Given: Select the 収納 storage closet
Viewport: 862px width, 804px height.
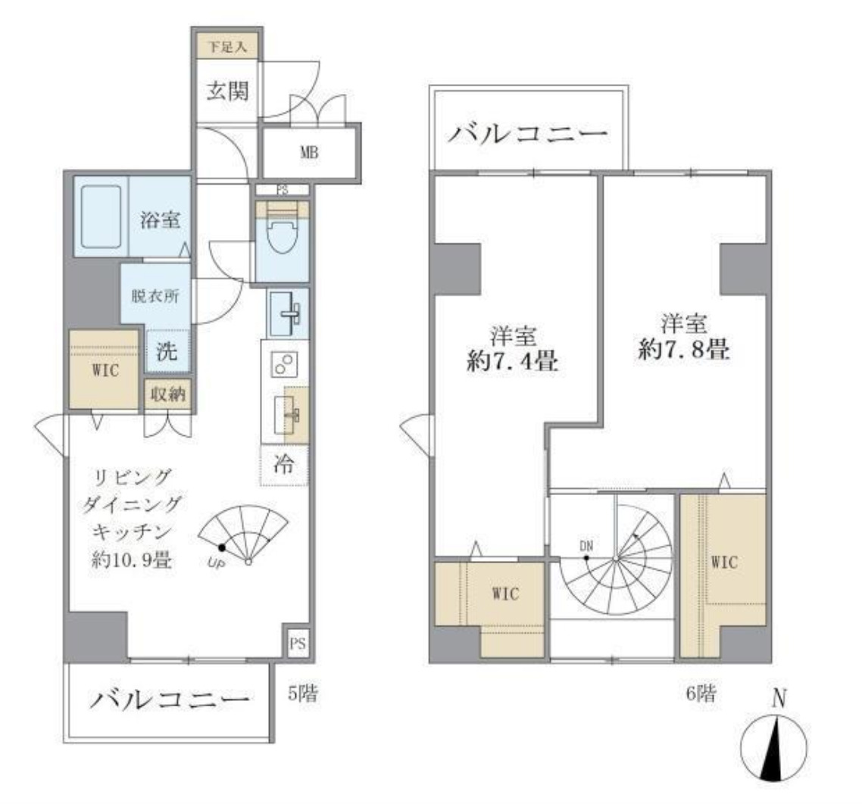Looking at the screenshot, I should click(167, 394).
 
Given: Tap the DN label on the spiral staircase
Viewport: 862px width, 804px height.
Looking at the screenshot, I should click(586, 545).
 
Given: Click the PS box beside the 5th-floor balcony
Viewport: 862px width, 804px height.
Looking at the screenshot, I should click(297, 644).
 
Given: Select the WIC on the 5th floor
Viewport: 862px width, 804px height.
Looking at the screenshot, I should click(104, 371).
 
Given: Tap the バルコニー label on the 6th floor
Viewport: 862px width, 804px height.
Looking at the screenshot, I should click(528, 135).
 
